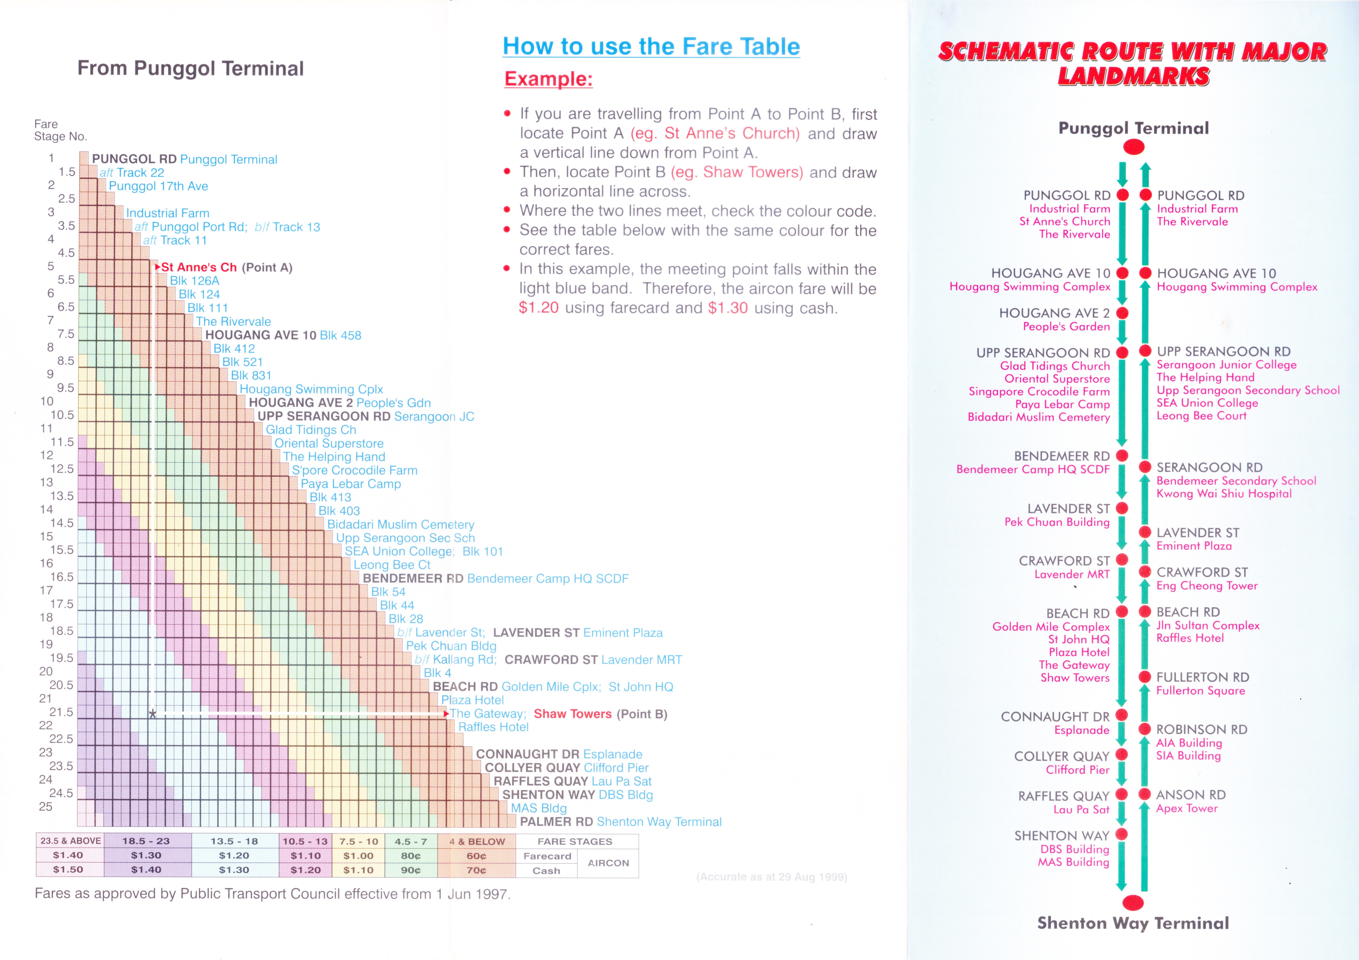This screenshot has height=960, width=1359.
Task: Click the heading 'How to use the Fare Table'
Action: (x=651, y=46)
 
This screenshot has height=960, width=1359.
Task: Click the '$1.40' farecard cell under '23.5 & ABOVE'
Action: (x=68, y=855)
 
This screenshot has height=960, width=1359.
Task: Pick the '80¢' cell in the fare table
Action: (x=411, y=856)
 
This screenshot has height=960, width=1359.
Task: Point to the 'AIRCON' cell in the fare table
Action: (x=608, y=863)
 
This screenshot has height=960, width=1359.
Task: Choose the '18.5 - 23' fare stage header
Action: (x=146, y=841)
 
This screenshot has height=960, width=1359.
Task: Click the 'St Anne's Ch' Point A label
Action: (x=199, y=268)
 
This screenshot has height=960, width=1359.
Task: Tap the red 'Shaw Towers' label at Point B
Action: (x=572, y=714)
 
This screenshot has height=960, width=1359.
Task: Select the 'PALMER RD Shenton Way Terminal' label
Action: (x=620, y=822)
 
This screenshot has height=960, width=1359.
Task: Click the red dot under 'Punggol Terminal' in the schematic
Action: (x=1134, y=147)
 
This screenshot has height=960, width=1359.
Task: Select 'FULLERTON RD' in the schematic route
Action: (x=1203, y=677)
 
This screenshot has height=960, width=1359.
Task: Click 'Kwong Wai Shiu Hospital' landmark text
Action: (x=1224, y=494)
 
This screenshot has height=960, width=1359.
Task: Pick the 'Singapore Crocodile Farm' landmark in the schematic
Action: (x=1039, y=392)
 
